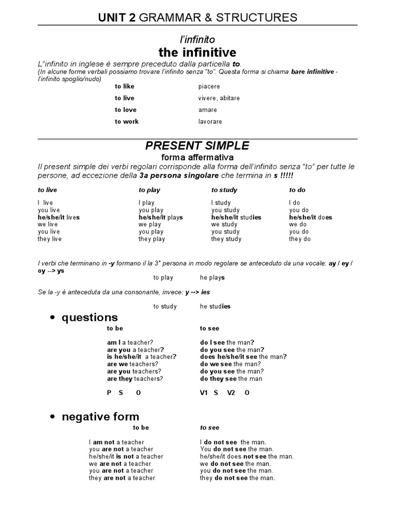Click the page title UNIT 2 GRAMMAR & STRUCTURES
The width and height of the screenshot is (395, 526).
point(197,17)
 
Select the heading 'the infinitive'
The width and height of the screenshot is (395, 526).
point(197,52)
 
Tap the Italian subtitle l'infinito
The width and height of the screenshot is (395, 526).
point(197,39)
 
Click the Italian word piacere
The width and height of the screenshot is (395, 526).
point(209,86)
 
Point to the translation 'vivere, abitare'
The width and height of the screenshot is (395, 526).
point(219,98)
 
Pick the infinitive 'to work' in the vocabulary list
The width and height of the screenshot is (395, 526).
point(127,122)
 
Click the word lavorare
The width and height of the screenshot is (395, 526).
point(210,122)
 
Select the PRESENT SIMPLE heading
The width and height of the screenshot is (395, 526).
point(197,146)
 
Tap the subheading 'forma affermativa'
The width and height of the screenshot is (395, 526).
point(197,157)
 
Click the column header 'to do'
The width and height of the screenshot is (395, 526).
point(297,190)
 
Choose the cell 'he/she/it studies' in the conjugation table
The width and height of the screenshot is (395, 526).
point(236,217)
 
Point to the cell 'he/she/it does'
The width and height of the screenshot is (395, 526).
point(311,217)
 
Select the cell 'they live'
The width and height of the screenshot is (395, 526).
point(49,239)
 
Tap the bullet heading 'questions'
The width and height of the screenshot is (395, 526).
point(89,317)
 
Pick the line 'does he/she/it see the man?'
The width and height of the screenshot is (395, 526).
point(243,356)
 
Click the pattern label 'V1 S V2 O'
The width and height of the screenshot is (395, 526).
point(224,393)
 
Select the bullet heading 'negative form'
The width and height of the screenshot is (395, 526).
point(100,417)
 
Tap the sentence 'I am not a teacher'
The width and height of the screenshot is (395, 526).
point(116,442)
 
